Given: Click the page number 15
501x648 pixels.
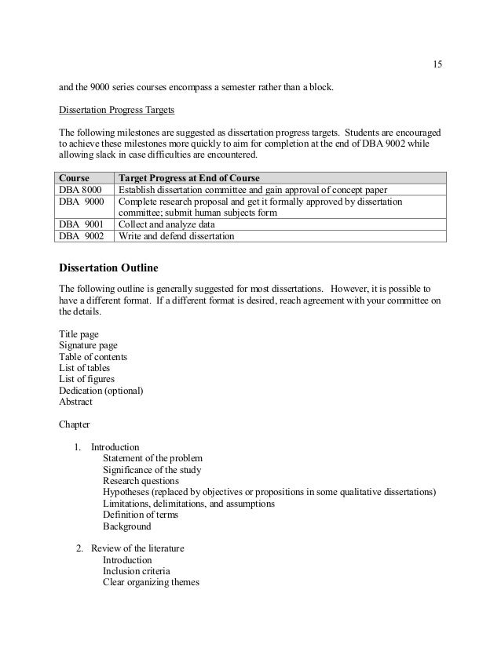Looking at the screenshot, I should (x=437, y=64).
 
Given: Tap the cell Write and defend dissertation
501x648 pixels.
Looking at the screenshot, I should (x=177, y=235).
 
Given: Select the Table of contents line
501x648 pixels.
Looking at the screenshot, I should (x=93, y=357).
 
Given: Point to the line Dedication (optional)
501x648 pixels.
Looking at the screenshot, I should (x=101, y=391).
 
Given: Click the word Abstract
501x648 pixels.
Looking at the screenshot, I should (x=75, y=402).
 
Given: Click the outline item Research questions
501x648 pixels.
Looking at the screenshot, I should (x=141, y=481).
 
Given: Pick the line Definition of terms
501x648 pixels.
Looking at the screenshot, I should (x=141, y=515).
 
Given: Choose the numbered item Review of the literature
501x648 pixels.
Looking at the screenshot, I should (x=137, y=548).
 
